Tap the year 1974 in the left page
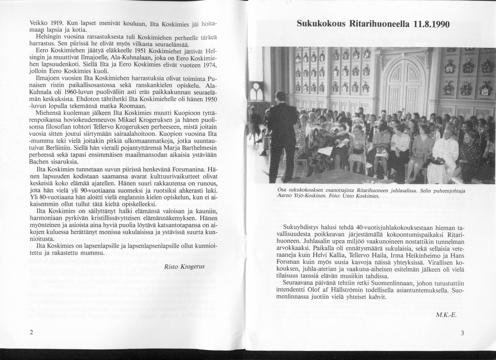coord(207,65)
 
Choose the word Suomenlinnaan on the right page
coord(393,283)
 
